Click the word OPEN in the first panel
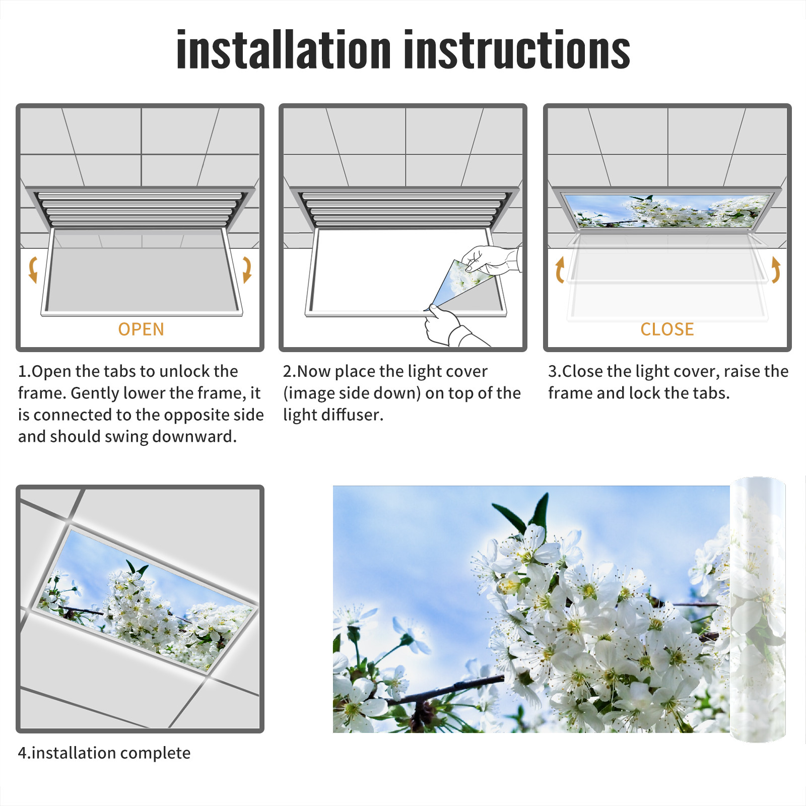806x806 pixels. pos(141,329)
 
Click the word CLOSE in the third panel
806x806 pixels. pos(667,329)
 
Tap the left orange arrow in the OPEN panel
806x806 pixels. pos(33,270)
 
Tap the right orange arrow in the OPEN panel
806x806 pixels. pos(247,270)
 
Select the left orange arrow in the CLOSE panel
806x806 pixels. pos(560,270)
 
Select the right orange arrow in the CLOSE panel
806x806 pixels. pos(776,270)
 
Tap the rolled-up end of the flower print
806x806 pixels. pos(758,610)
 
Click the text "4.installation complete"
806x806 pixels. pos(104,753)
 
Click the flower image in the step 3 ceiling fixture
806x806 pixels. pos(667,211)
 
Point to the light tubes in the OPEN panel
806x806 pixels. pos(140,209)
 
